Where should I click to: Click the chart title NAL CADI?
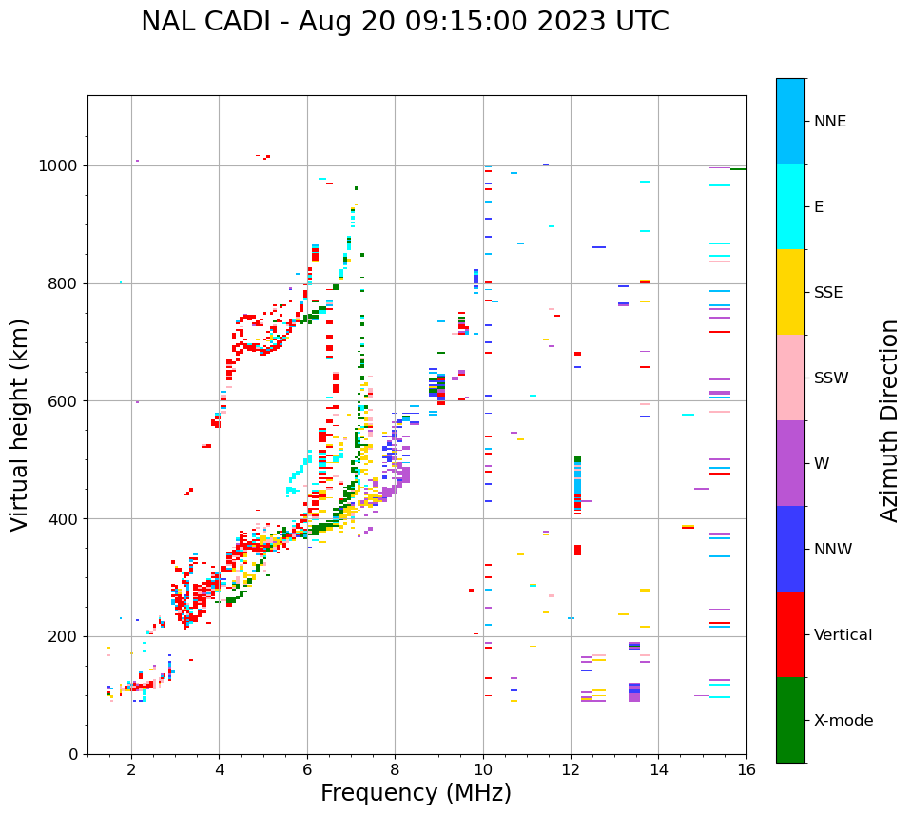coord(404,22)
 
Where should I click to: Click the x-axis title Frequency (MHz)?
coord(416,793)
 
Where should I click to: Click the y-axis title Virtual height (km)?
coord(20,425)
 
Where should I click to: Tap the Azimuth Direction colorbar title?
coord(889,420)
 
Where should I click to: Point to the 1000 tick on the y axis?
coord(62,165)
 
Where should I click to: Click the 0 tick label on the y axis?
coord(73,754)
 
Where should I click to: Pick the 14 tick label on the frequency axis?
coord(658,769)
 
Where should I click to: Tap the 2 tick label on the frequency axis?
coord(131,769)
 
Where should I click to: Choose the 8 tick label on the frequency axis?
coord(395,769)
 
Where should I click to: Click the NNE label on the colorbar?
coord(829,122)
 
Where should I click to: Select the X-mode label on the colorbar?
coord(843,721)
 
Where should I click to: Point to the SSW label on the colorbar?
coord(830,378)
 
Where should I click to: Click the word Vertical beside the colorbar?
coord(843,635)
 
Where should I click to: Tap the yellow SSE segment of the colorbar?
coord(790,292)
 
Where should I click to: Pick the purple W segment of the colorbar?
coord(790,463)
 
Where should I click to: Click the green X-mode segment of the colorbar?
coord(790,720)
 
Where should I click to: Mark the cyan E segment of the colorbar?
coord(790,206)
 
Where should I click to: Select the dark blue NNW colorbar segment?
coord(790,549)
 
